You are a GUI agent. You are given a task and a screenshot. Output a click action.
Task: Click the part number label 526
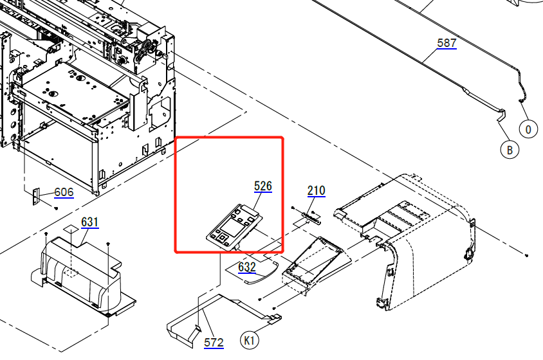[263, 186]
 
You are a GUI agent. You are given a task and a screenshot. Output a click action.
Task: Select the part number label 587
[446, 43]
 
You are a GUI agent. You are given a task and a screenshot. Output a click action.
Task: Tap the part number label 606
[63, 192]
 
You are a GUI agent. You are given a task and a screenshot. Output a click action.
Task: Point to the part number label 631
[89, 222]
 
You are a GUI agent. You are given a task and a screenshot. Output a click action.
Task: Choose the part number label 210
[316, 190]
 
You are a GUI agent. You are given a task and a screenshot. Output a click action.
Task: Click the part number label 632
[247, 267]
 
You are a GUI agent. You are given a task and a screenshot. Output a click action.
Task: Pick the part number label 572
[214, 342]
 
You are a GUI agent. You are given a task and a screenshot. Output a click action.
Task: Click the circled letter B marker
[509, 150]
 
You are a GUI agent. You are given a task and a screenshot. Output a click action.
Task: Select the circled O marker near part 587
[528, 129]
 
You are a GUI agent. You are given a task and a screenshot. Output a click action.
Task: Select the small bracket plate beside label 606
[36, 195]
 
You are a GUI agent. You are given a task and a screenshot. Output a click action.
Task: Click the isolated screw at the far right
[527, 256]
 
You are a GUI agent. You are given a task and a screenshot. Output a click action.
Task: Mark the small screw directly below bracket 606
[57, 208]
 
